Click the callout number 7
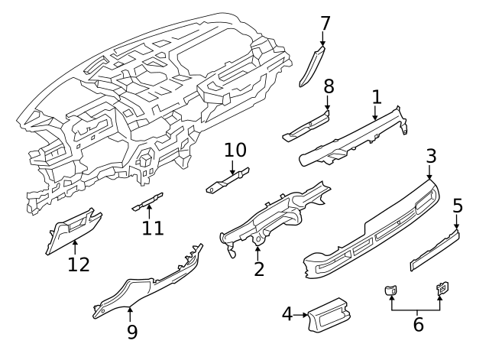[x=325, y=23]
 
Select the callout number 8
[x=329, y=85]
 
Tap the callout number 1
[x=376, y=96]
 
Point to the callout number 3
[x=431, y=156]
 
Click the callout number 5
[x=458, y=205]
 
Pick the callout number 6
[x=417, y=324]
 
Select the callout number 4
[x=287, y=313]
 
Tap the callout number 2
[x=259, y=268]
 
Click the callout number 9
[x=131, y=331]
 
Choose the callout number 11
[x=153, y=228]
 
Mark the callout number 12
[x=79, y=264]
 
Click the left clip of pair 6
[x=391, y=289]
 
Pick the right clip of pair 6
[x=442, y=288]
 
